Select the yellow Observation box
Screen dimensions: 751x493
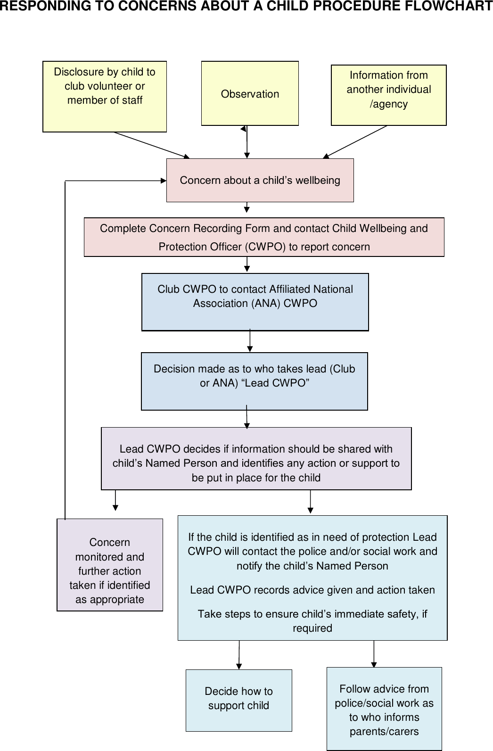250,94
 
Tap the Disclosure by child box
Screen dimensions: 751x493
104,96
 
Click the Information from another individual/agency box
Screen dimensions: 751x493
388,95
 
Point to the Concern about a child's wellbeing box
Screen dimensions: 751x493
260,180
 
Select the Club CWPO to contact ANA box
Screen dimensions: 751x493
255,302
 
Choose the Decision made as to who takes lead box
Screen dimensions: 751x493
254,381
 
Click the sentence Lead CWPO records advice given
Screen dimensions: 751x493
312,590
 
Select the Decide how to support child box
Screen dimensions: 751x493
238,700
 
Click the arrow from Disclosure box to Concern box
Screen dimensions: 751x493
151,145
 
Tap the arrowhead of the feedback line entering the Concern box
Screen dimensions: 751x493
163,180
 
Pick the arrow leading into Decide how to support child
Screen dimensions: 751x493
239,655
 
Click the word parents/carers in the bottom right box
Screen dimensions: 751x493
384,732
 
